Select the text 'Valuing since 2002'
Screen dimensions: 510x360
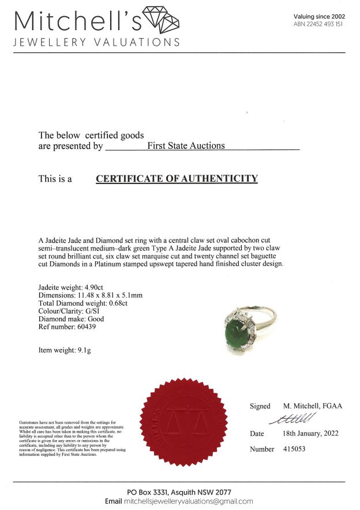319,17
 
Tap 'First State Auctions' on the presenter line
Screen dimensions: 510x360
186,146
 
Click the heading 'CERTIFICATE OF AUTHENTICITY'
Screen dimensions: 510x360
177,179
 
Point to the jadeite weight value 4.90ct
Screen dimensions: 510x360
94,287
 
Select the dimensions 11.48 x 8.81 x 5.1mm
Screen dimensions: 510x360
114,295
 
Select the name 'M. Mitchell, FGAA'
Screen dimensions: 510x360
313,406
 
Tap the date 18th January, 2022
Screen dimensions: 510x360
311,433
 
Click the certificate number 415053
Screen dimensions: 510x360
297,448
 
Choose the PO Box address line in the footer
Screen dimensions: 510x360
179,492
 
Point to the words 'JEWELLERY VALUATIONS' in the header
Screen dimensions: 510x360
96,42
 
